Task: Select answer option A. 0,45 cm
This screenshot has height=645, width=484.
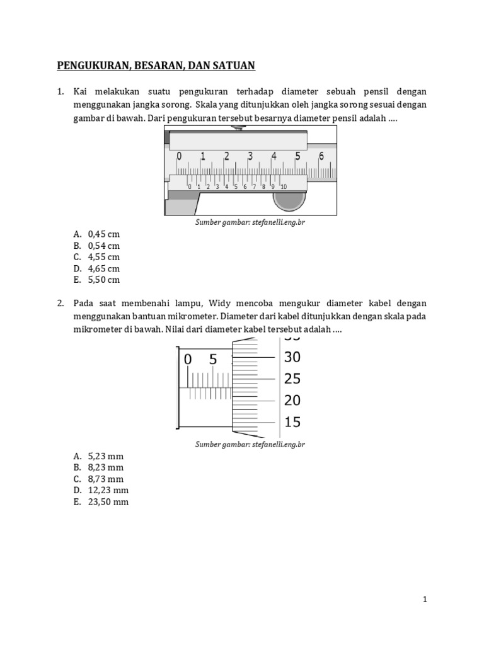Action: pyautogui.click(x=96, y=234)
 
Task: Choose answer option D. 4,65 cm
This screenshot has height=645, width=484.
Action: pyautogui.click(x=96, y=268)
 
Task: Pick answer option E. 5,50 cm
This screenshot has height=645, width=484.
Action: pyautogui.click(x=96, y=280)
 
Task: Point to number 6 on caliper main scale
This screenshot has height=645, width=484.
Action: pyautogui.click(x=321, y=156)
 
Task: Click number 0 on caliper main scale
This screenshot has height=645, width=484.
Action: pyautogui.click(x=179, y=156)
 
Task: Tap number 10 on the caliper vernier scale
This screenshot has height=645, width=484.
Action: pyautogui.click(x=284, y=186)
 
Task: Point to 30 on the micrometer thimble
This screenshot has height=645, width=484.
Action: pyautogui.click(x=292, y=357)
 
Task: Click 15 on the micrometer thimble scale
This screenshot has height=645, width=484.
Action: pyautogui.click(x=292, y=422)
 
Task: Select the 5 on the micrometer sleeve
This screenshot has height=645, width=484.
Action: pyautogui.click(x=213, y=360)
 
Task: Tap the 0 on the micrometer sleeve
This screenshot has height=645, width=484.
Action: pyautogui.click(x=187, y=360)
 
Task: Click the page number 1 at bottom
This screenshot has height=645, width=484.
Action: pyautogui.click(x=425, y=600)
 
